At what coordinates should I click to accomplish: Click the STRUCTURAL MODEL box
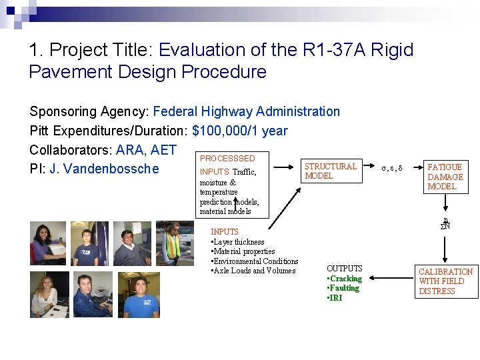pos(331,171)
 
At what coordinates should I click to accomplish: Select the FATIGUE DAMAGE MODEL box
pos(445,177)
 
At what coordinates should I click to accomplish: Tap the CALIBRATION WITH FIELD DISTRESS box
pos(445,281)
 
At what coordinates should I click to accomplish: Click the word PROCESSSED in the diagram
pos(227,159)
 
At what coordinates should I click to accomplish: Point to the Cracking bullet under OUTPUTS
pos(345,279)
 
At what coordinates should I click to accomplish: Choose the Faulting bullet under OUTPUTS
pos(343,288)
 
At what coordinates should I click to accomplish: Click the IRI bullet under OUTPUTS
pos(335,298)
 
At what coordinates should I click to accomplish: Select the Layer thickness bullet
pos(238,242)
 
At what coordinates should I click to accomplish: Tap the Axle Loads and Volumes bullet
pos(253,271)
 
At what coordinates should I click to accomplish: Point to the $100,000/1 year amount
pos(240,130)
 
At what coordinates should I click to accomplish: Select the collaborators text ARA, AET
pos(146,149)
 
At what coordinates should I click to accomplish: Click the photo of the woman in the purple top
pos(48,244)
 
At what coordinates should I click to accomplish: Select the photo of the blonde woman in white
pos(48,295)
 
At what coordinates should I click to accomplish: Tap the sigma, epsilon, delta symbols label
pos(391,168)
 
